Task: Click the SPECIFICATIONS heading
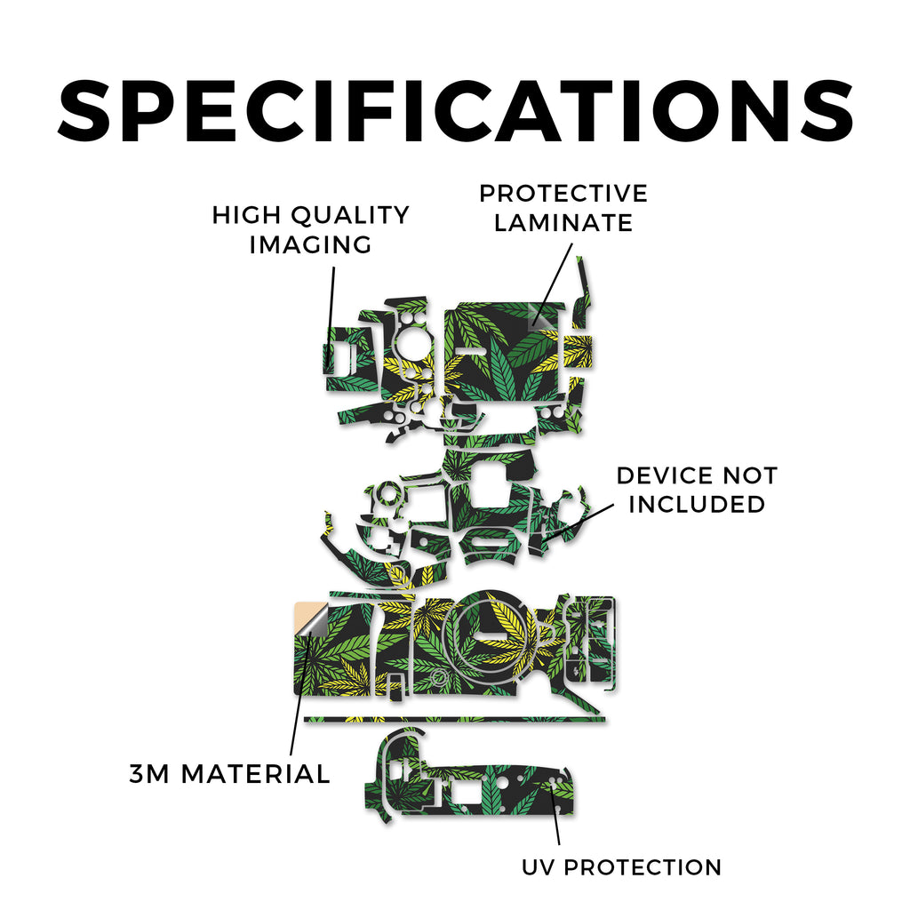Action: click(x=456, y=111)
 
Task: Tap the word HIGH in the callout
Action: click(x=247, y=215)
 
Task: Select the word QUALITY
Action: click(x=350, y=215)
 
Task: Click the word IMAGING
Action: click(x=310, y=244)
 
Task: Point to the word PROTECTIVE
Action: click(x=563, y=194)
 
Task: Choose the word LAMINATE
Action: click(x=563, y=223)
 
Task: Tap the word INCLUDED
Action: click(x=697, y=505)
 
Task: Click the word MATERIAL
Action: click(x=255, y=774)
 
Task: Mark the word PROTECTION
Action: click(x=643, y=867)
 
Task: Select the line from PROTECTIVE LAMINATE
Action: click(x=554, y=283)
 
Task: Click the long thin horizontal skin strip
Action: click(x=454, y=720)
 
